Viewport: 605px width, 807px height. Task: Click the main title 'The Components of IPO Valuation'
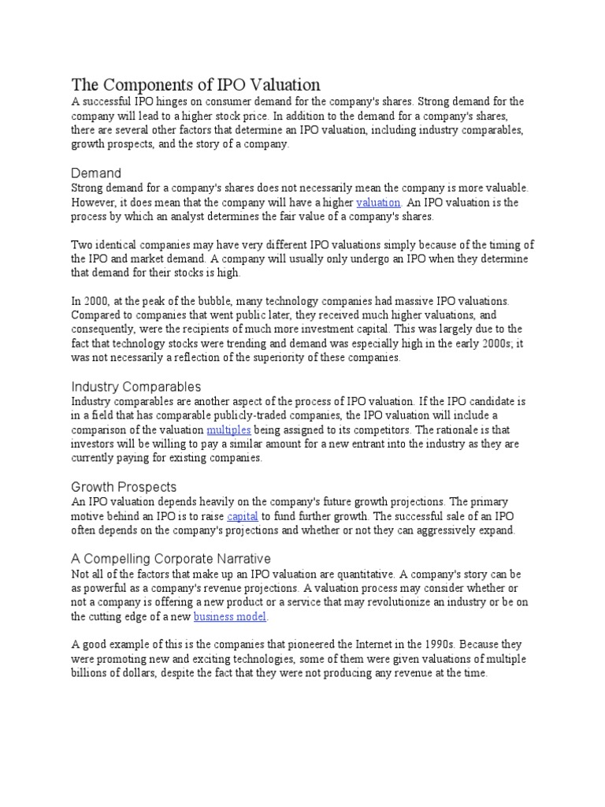click(x=196, y=84)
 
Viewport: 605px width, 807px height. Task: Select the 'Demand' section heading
click(x=96, y=173)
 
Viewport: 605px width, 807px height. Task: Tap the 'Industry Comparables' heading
click(x=136, y=386)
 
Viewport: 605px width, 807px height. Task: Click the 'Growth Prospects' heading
click(x=124, y=486)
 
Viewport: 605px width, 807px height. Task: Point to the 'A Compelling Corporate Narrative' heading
click(x=171, y=558)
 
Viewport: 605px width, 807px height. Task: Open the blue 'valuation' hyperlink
click(x=379, y=202)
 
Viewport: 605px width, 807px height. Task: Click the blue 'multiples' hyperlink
click(x=228, y=430)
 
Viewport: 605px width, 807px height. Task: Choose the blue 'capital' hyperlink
click(x=243, y=516)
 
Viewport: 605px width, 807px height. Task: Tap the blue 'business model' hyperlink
click(x=230, y=616)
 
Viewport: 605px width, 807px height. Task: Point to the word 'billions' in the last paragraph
click(x=91, y=674)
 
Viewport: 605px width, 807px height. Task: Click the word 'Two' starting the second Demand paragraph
click(x=81, y=244)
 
